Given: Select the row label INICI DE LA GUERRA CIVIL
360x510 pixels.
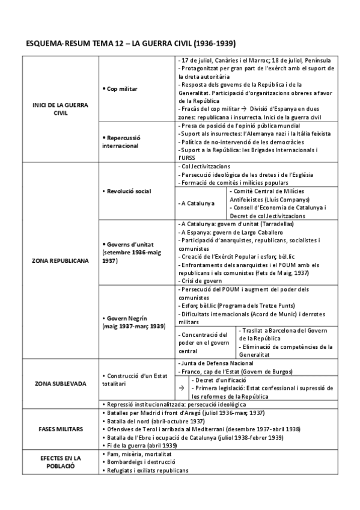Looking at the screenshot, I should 60,109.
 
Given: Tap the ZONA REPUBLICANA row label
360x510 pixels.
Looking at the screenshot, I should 60,262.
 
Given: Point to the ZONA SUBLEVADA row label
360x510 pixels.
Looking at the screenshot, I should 60,383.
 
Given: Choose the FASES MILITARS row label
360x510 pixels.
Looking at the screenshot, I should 60,429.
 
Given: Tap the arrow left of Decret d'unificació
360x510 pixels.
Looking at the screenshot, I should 182,389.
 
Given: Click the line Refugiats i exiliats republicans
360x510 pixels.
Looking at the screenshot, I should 148,470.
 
